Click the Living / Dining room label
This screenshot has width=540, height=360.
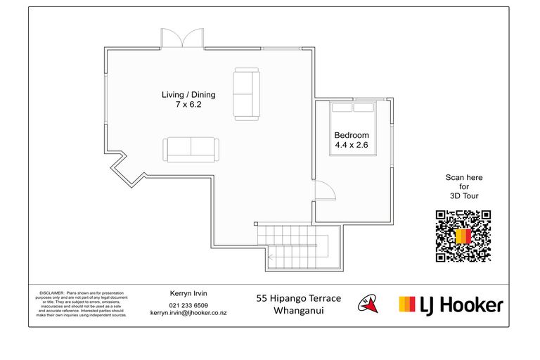click(188, 95)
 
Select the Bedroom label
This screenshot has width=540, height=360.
click(352, 135)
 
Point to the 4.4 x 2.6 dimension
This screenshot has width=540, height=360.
click(352, 146)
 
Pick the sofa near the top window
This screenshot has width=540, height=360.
click(246, 93)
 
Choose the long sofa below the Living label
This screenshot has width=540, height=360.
click(191, 149)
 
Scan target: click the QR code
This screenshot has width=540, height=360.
click(463, 236)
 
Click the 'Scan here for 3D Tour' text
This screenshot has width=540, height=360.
click(463, 186)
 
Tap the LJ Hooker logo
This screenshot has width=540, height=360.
click(451, 304)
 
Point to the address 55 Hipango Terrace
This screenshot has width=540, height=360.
click(298, 299)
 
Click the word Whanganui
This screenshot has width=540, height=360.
click(298, 310)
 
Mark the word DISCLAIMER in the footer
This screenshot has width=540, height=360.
click(52, 291)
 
